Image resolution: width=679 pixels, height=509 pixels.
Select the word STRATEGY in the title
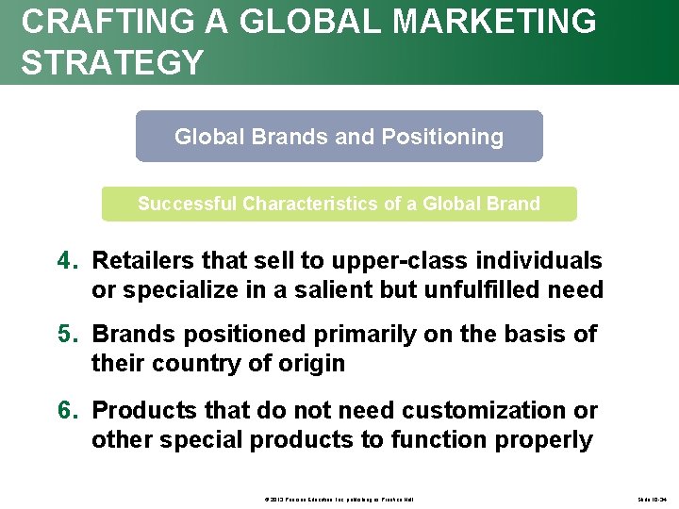point(112,62)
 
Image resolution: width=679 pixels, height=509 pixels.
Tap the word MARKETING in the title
point(496,21)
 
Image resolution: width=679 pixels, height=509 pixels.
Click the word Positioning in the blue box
point(442,137)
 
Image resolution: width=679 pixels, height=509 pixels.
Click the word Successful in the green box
point(187,204)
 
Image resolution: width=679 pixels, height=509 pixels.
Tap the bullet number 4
point(66,260)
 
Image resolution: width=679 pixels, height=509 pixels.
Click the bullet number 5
point(66,335)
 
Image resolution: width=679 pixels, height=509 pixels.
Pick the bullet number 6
point(66,410)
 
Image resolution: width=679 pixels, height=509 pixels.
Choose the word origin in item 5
point(312,364)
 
